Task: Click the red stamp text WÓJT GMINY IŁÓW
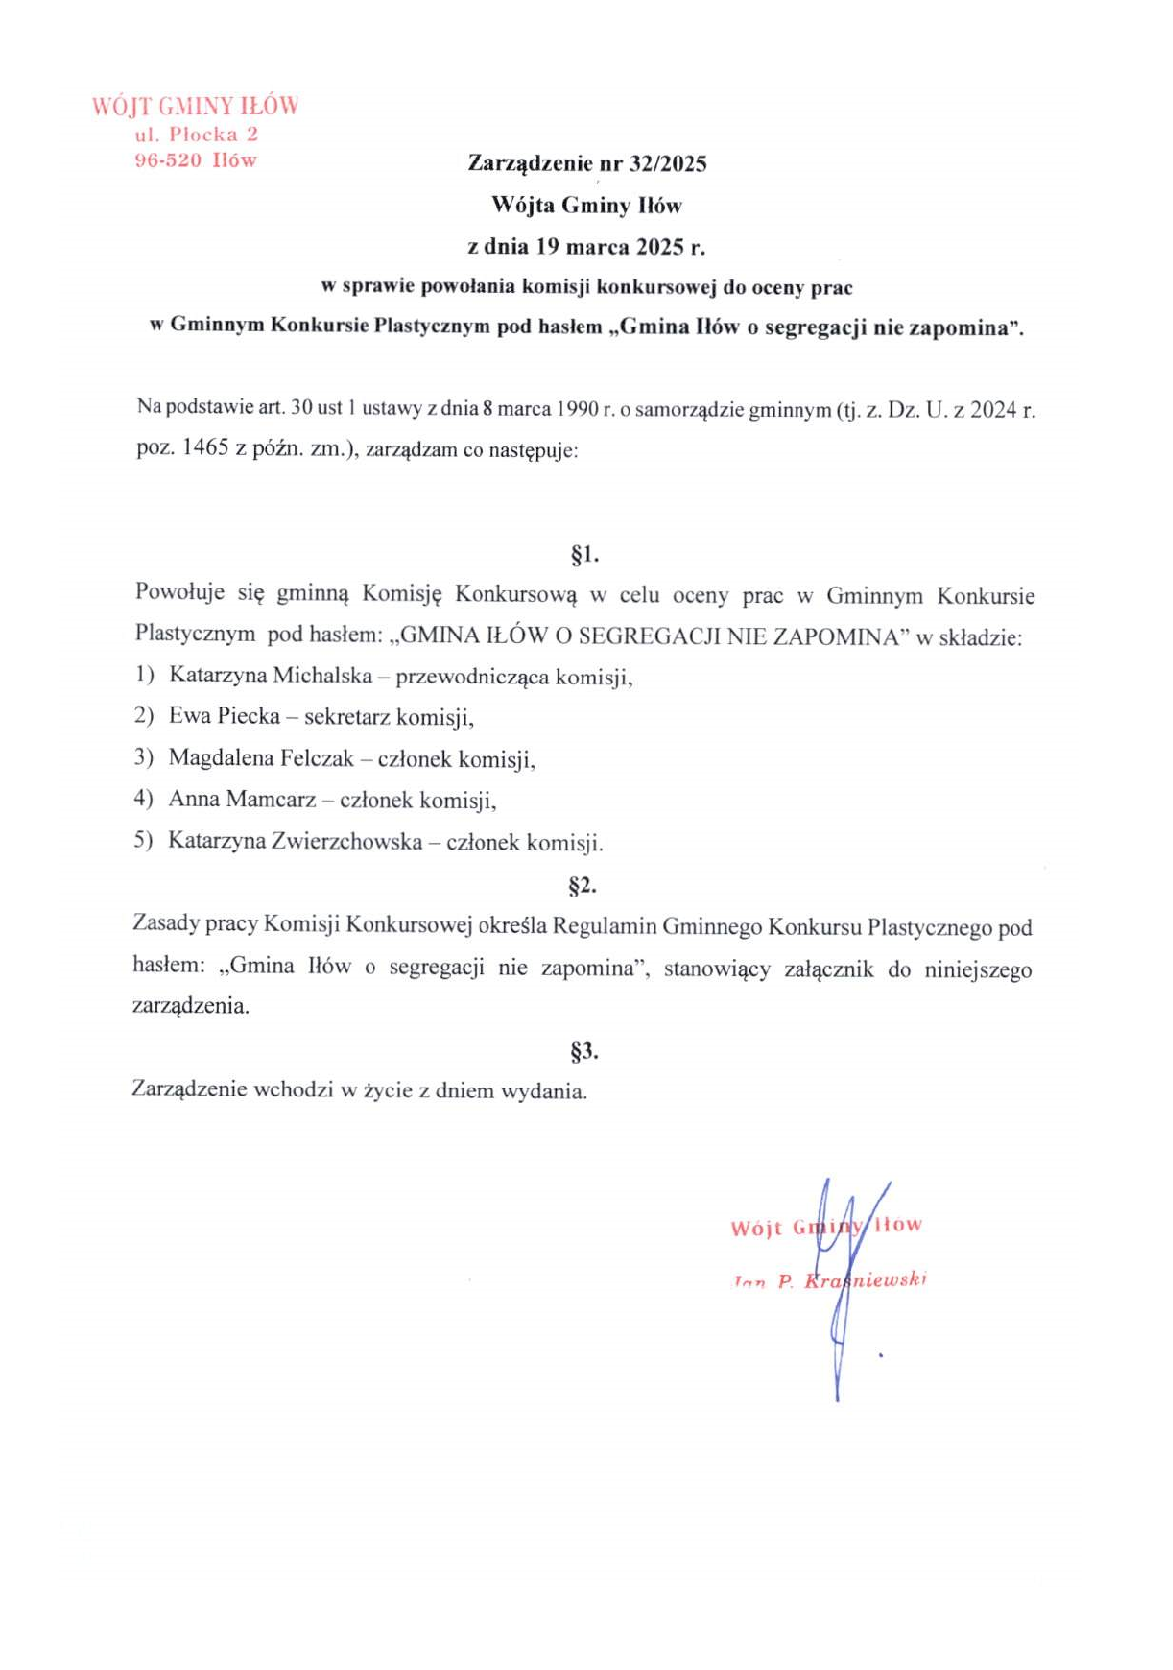tap(195, 106)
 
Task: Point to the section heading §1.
tap(585, 554)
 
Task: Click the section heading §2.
tap(583, 885)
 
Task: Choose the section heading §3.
tap(585, 1050)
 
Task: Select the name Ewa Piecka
tap(225, 716)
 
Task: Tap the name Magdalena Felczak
tap(262, 758)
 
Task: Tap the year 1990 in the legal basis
tap(577, 408)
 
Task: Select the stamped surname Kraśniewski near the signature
tap(866, 1280)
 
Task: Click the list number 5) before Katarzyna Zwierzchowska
tap(144, 841)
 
